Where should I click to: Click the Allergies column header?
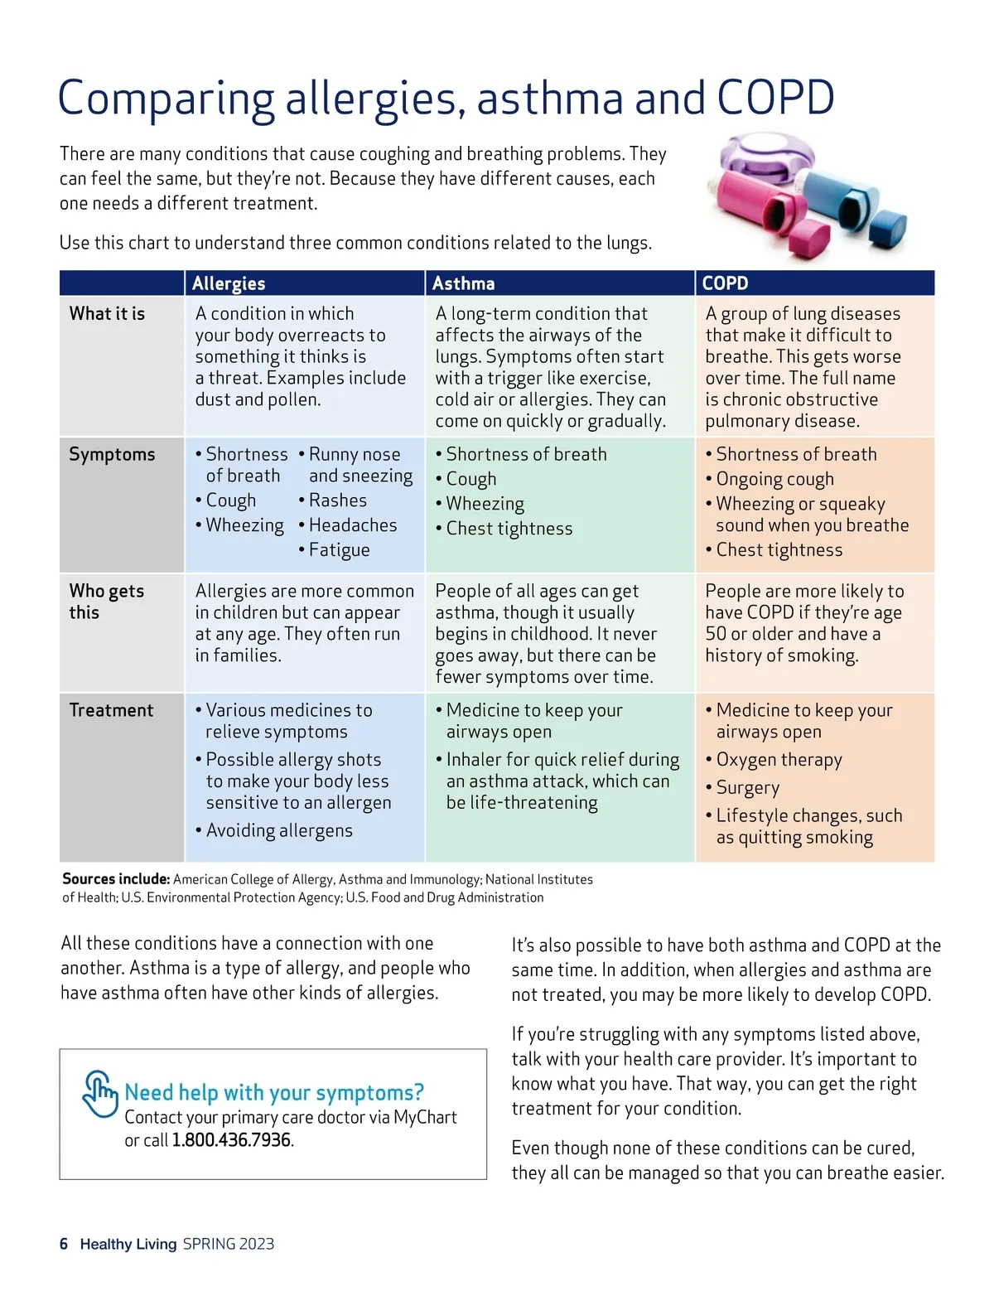tap(229, 283)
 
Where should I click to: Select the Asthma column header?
tap(463, 283)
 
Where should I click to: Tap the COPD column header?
tap(725, 283)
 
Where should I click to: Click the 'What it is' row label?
tap(107, 313)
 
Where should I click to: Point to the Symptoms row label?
tap(112, 454)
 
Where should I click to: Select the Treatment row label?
tap(111, 710)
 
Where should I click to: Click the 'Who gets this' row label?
tap(106, 602)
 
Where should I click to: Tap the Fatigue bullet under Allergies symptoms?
tap(339, 550)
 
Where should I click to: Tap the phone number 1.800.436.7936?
tap(231, 1140)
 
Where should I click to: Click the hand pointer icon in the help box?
tap(100, 1093)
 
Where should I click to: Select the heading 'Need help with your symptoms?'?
tap(274, 1092)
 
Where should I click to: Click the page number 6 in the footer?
tap(64, 1244)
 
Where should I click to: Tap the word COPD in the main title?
tap(775, 98)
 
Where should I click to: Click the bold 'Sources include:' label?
tap(116, 879)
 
